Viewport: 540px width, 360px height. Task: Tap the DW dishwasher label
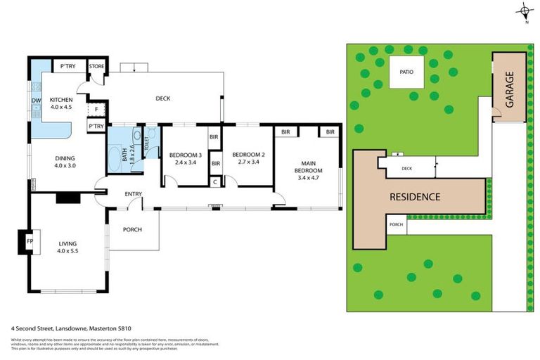point(36,101)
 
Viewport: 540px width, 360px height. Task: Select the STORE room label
point(96,67)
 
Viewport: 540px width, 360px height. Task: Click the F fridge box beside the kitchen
point(96,110)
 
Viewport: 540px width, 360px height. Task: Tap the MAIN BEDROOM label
point(309,167)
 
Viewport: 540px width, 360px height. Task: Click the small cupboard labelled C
point(215,181)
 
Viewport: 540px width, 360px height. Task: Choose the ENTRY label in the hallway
point(134,194)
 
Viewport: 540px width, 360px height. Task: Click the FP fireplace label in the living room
point(30,241)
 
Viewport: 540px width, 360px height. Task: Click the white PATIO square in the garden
point(406,72)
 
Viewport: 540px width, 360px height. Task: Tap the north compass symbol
point(525,11)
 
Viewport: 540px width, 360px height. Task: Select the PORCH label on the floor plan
point(132,229)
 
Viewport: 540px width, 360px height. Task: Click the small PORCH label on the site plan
point(396,225)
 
